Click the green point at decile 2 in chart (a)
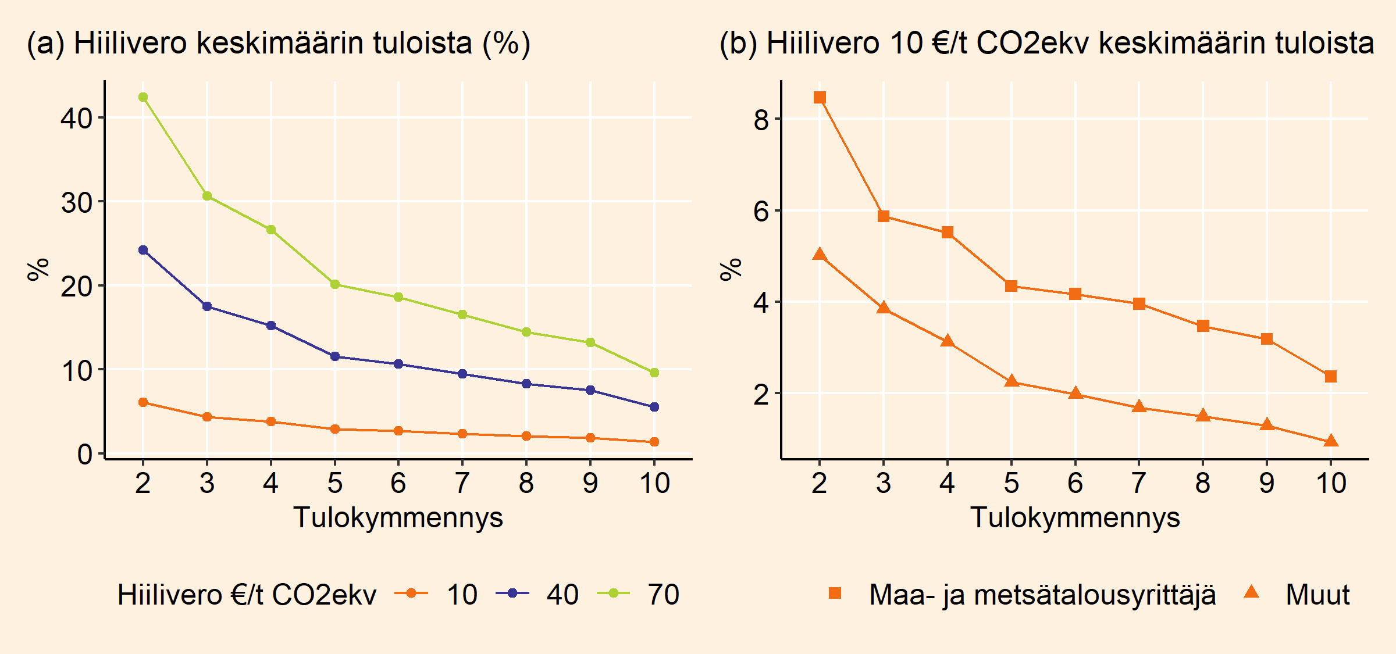point(143,97)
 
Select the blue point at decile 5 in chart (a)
point(334,356)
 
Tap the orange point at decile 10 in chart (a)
point(654,442)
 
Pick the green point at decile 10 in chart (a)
point(654,373)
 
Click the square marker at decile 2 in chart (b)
point(820,97)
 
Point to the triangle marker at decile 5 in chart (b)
point(1012,381)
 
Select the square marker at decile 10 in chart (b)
point(1331,377)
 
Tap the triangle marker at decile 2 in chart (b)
point(820,255)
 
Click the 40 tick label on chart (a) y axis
point(76,119)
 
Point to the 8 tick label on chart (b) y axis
point(761,120)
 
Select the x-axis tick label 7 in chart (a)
point(462,483)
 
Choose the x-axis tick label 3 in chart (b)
point(884,483)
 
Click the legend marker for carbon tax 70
point(613,593)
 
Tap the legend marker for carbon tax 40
point(512,593)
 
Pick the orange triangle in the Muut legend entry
point(1251,592)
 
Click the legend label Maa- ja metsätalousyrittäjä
point(1042,595)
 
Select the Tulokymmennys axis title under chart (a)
point(398,517)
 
